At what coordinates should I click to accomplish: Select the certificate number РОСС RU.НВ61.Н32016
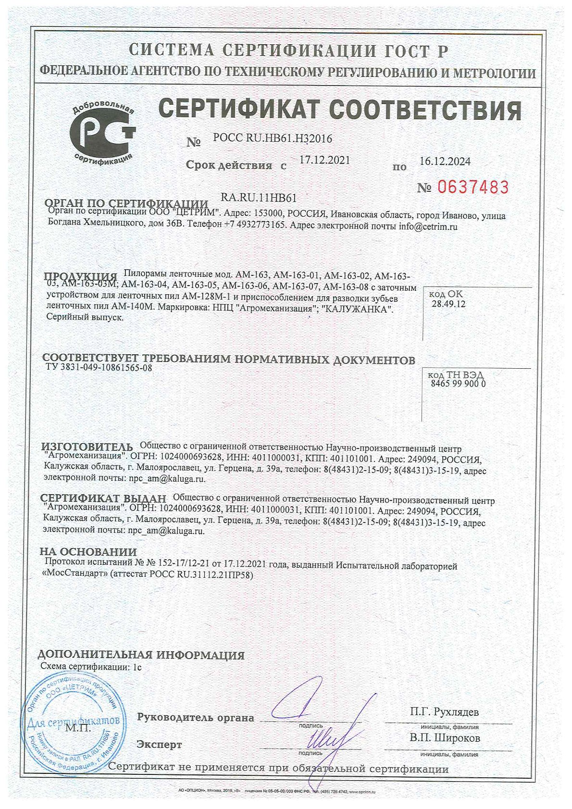point(273,139)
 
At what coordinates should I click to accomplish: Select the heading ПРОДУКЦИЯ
point(81,276)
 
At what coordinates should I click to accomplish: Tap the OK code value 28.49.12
point(448,304)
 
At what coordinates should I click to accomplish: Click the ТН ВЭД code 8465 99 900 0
point(456,384)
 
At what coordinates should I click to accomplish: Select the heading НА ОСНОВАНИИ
point(88,552)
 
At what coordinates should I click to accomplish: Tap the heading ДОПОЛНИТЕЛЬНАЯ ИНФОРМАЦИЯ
point(141,655)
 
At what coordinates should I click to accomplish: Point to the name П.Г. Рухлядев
point(444,711)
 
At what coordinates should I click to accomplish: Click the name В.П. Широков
point(445,738)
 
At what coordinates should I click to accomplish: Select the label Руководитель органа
point(196,718)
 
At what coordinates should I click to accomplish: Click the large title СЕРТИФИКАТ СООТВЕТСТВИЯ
point(339,109)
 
